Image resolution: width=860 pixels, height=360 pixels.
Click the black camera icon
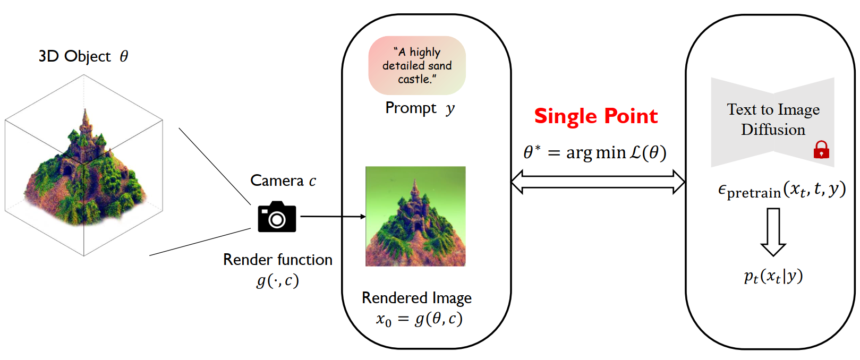tap(277, 217)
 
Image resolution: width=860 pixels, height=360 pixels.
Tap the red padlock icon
tap(821, 150)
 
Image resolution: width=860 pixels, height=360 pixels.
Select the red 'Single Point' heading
tap(595, 116)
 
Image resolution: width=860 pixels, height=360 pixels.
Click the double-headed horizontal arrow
tap(598, 182)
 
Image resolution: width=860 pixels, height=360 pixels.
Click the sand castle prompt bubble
tap(417, 65)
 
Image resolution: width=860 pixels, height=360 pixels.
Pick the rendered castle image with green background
tap(415, 216)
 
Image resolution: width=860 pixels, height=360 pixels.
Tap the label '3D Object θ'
tap(83, 56)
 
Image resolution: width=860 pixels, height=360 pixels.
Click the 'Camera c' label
tap(283, 181)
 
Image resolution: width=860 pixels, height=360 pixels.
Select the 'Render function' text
tap(278, 260)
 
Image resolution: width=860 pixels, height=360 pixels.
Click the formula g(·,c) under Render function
tap(278, 280)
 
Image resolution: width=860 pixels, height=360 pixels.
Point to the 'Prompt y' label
tap(420, 108)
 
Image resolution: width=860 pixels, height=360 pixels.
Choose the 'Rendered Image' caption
tap(416, 298)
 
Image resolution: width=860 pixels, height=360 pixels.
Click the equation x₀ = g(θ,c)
tap(419, 319)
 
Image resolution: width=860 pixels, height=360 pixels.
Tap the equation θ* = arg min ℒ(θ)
tap(594, 153)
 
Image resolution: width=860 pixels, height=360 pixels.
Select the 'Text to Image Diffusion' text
tap(773, 119)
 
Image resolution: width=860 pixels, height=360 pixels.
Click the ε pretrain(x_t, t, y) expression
tap(781, 190)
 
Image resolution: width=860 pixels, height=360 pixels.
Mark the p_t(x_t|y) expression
tap(773, 276)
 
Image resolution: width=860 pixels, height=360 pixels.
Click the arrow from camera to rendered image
tap(333, 217)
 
